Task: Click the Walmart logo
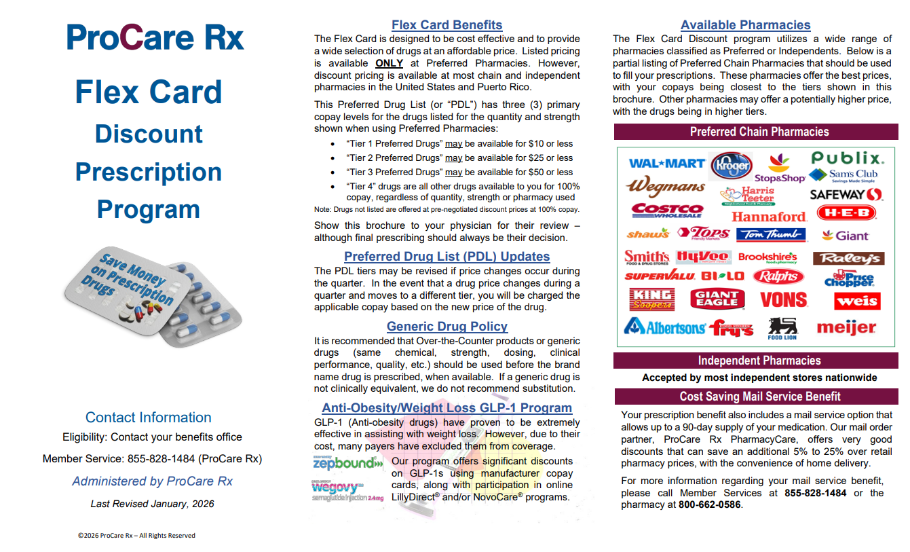[666, 163]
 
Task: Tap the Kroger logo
[731, 165]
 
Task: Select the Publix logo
[848, 158]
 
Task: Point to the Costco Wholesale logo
[668, 211]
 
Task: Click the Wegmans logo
[665, 187]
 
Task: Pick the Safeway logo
[846, 194]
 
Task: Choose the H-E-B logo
[846, 213]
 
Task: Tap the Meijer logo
[846, 327]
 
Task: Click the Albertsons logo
[664, 327]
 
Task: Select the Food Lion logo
[782, 329]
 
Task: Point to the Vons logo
[783, 299]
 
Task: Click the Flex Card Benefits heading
[447, 25]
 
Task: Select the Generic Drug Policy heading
[447, 327]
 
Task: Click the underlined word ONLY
[389, 63]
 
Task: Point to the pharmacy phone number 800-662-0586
[709, 505]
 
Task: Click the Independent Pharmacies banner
[759, 361]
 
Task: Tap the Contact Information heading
[148, 418]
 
